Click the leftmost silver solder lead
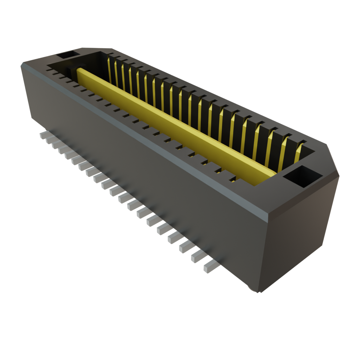43,135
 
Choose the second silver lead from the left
49,140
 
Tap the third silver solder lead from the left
55,145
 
